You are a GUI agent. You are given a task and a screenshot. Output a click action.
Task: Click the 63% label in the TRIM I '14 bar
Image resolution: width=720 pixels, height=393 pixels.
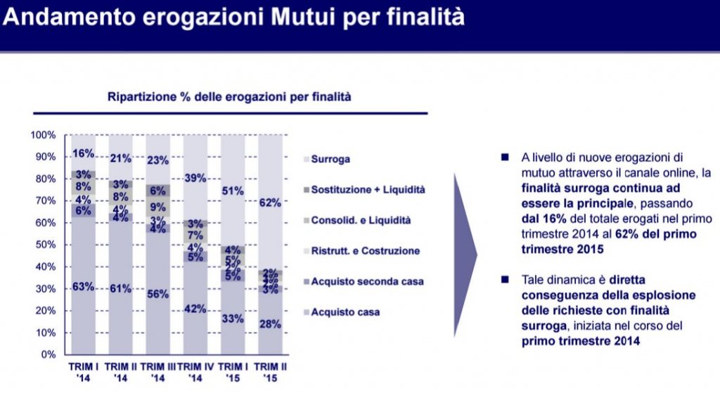point(84,285)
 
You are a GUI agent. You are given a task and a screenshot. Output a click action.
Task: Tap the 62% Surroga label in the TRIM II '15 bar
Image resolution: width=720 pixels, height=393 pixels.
point(270,203)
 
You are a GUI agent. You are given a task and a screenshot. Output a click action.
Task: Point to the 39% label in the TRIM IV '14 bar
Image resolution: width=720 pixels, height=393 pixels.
point(195,178)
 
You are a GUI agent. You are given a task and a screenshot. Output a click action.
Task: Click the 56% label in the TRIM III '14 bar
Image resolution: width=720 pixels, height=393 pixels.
point(157,294)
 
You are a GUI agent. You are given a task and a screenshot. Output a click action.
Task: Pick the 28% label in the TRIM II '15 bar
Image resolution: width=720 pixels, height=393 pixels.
point(270,324)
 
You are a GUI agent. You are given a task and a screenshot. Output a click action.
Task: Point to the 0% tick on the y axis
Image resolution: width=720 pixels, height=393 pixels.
point(49,354)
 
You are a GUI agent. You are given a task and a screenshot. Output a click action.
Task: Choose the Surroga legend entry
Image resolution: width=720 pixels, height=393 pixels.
point(330,160)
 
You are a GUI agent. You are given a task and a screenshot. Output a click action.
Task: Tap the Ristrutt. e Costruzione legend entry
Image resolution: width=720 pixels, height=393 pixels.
point(365,250)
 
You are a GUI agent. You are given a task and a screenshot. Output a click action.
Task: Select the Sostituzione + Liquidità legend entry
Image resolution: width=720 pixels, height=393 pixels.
point(368,190)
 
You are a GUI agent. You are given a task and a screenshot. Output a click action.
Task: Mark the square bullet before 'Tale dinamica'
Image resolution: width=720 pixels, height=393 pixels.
point(505,279)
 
